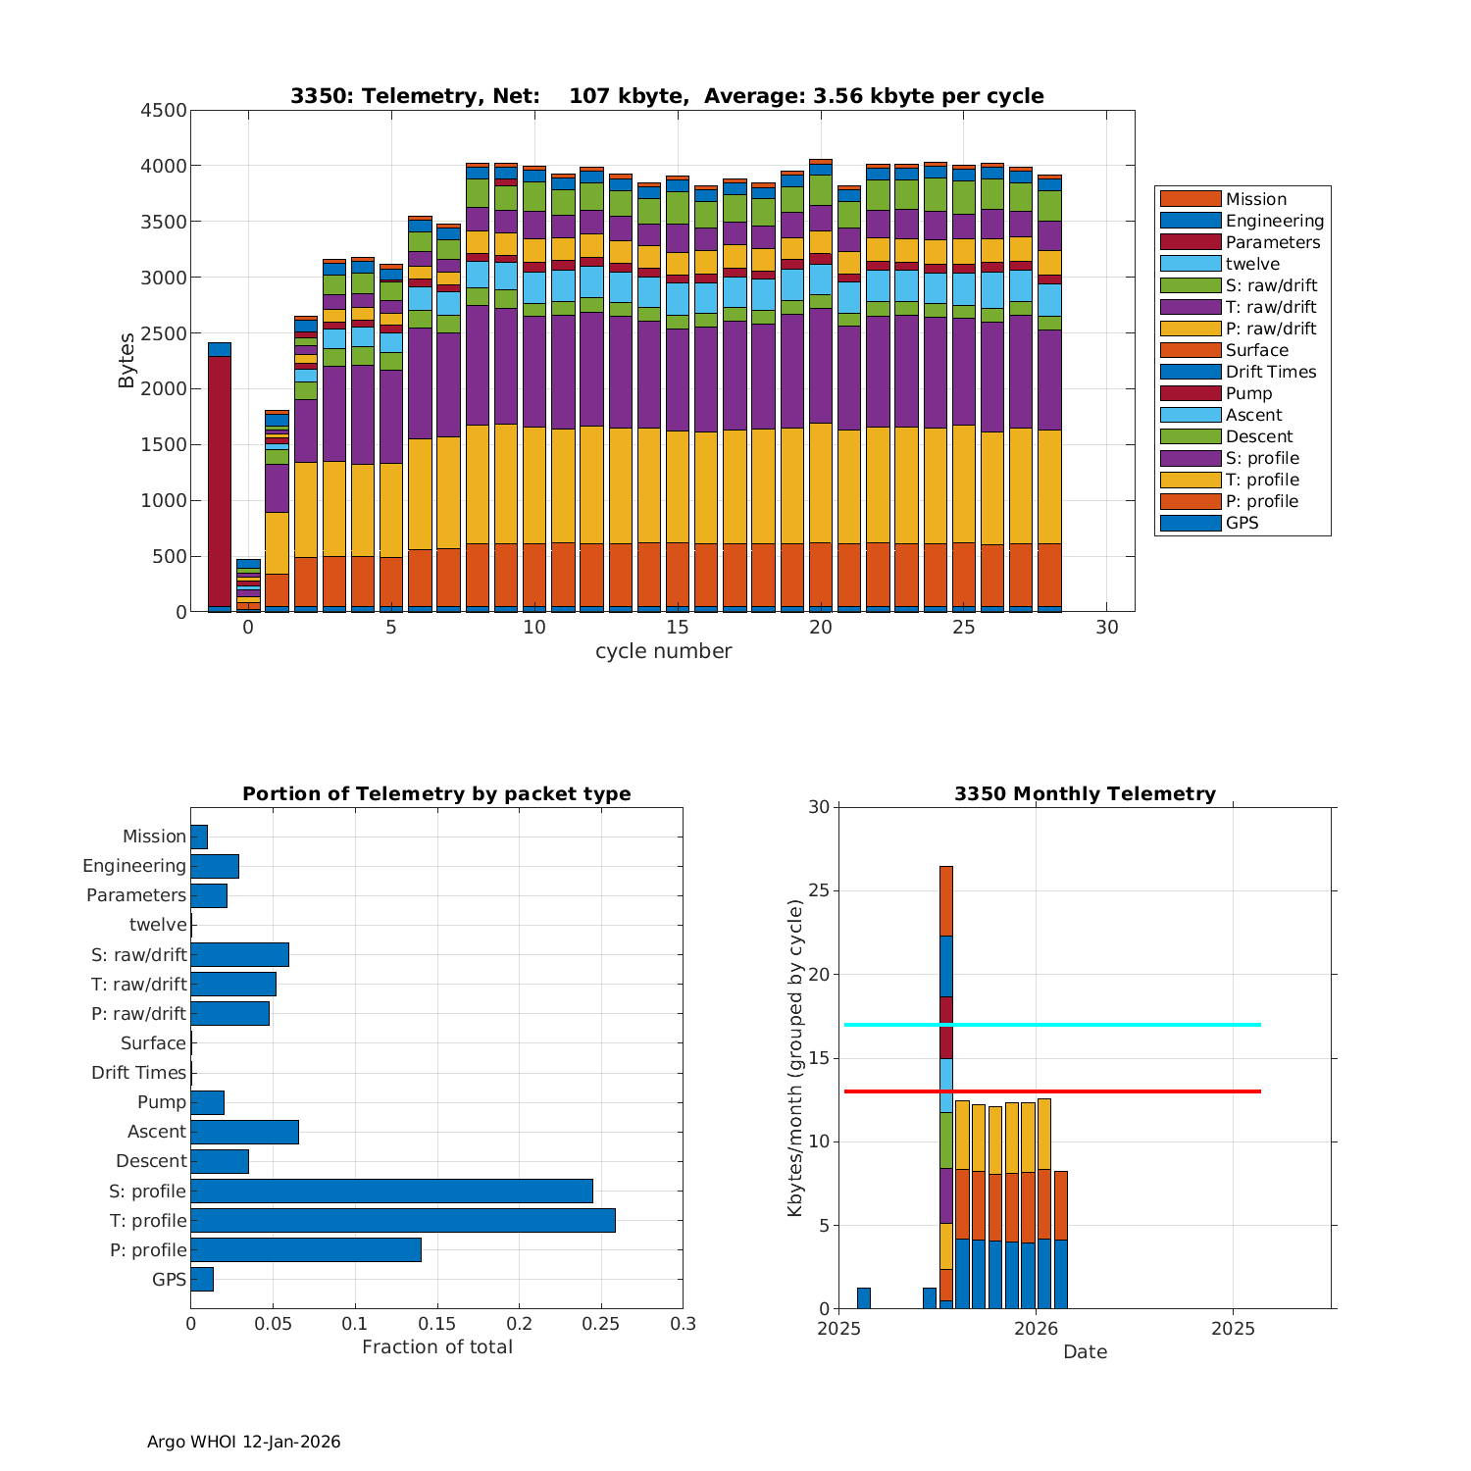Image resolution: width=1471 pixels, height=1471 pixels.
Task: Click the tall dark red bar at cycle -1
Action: pyautogui.click(x=220, y=481)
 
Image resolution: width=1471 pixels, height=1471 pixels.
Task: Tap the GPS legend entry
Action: pyautogui.click(x=1242, y=523)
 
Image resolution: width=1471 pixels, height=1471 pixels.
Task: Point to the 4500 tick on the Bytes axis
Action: pyautogui.click(x=163, y=111)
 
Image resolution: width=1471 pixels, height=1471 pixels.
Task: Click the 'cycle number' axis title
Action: pyautogui.click(x=663, y=651)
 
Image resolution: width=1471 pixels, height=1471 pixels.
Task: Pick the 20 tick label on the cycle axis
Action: pyautogui.click(x=820, y=628)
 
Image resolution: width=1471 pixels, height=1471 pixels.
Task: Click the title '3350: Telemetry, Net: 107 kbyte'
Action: pyautogui.click(x=667, y=96)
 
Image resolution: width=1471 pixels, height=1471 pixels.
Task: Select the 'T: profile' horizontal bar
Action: pyautogui.click(x=403, y=1220)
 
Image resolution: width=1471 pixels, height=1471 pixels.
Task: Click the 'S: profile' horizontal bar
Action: pyautogui.click(x=391, y=1191)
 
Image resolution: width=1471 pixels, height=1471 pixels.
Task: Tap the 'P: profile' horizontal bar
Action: pyautogui.click(x=306, y=1249)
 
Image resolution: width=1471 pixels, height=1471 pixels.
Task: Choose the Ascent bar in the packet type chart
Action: pyautogui.click(x=244, y=1132)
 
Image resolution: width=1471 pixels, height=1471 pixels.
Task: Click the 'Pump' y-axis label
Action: pyautogui.click(x=162, y=1102)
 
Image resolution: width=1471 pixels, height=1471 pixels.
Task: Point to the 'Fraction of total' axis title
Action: pyautogui.click(x=436, y=1347)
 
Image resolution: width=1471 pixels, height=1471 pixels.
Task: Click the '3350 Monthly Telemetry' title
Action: pyautogui.click(x=1085, y=794)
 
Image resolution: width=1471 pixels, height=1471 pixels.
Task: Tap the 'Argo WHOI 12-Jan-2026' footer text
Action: pyautogui.click(x=243, y=1442)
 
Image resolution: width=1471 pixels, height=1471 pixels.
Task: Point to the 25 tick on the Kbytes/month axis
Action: pyautogui.click(x=819, y=891)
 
